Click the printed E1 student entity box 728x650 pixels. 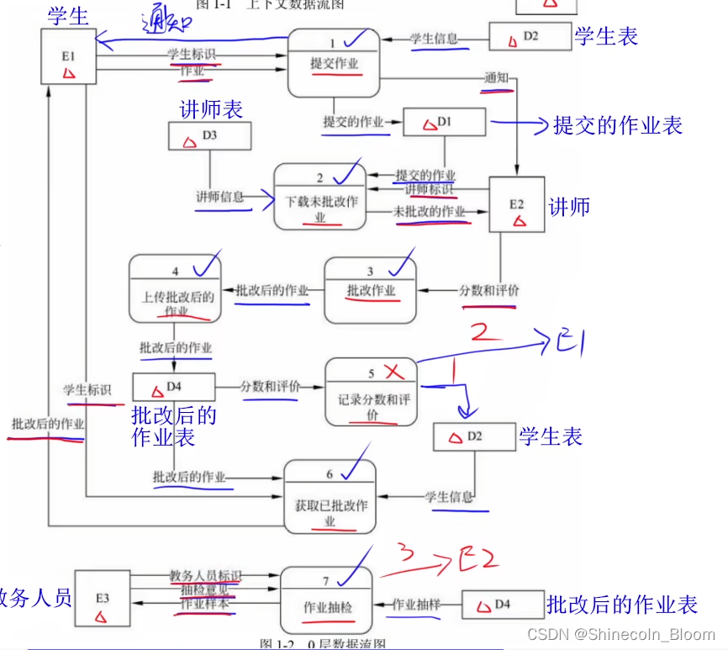pos(68,56)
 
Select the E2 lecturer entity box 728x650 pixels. pos(516,204)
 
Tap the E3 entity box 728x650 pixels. pos(102,598)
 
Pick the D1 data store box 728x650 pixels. pos(444,123)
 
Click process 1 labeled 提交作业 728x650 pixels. pos(335,63)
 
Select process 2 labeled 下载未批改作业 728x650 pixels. pos(320,197)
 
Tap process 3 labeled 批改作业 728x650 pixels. pos(370,290)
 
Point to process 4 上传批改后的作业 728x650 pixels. pos(175,290)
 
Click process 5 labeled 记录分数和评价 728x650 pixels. pos(371,393)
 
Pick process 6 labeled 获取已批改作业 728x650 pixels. pos(330,497)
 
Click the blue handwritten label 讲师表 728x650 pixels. pos(211,109)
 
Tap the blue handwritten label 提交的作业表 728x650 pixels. pos(617,125)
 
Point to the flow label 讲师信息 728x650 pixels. pos(219,197)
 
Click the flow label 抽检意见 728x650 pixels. pos(204,589)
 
